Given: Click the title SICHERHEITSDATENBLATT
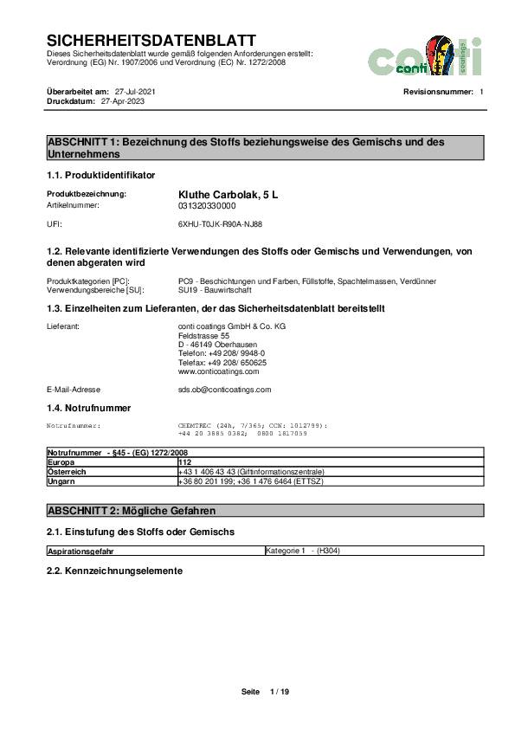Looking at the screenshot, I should click(151, 41).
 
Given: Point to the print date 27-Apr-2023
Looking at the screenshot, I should click(123, 100).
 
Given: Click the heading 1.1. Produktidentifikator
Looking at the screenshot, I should click(100, 175).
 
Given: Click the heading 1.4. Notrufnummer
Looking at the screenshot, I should click(88, 407).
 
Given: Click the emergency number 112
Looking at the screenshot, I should click(183, 462).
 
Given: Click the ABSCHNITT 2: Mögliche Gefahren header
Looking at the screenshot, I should click(131, 511).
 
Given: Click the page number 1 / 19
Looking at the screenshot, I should click(280, 692).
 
